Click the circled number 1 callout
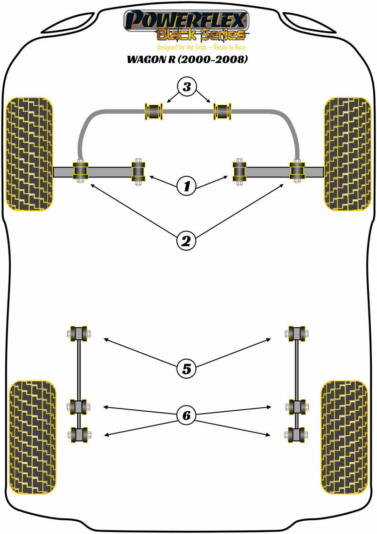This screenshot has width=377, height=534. (x=187, y=186)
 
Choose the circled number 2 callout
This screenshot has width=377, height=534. (x=186, y=241)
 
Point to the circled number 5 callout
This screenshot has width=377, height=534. (x=186, y=368)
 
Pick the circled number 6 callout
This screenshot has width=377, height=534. (x=186, y=415)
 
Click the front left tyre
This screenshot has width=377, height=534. (x=29, y=153)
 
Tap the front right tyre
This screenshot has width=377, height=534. (x=347, y=153)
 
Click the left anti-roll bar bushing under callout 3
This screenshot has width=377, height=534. (x=154, y=112)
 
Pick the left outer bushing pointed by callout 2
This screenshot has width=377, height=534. (x=81, y=171)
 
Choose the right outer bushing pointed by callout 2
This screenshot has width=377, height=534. (x=297, y=171)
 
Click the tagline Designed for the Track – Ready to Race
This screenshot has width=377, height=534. (x=201, y=47)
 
